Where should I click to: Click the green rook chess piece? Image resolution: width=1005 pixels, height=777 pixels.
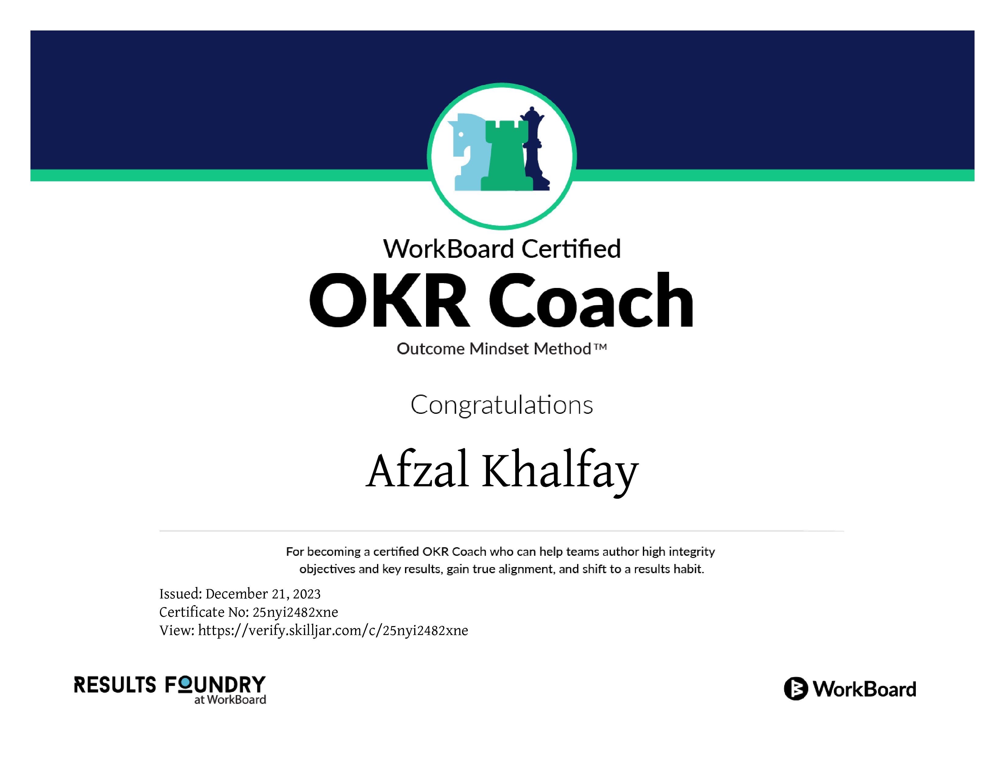coord(506,157)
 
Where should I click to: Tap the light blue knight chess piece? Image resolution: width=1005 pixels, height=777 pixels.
coord(467,152)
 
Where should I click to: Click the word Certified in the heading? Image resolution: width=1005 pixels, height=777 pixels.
coord(571,249)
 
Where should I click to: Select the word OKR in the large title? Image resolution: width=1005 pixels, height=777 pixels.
coord(389,300)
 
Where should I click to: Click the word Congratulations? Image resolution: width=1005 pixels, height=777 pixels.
coord(502,405)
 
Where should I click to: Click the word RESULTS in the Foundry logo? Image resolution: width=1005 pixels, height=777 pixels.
coord(115,685)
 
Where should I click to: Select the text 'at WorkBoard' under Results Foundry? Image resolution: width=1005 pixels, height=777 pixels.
coord(230,700)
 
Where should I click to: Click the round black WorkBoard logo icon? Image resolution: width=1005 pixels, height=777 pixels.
coord(795,689)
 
